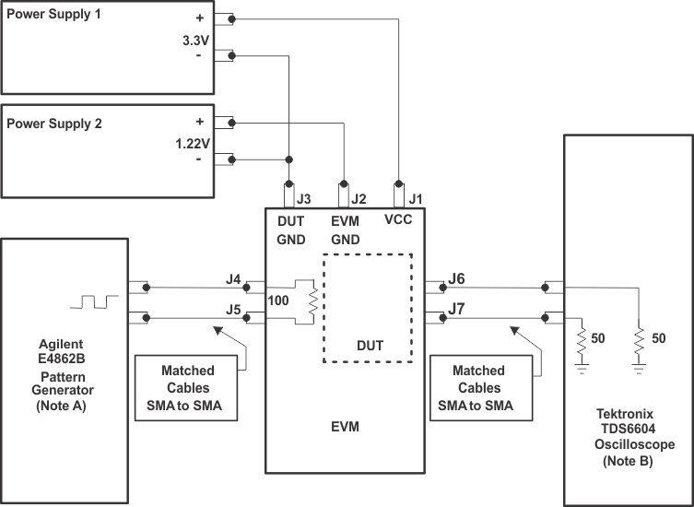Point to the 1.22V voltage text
pos(192,143)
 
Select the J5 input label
pos(234,310)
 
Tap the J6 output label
pos(457,277)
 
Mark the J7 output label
pos(457,311)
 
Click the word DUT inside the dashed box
pos(369,347)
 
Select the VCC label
pos(398,221)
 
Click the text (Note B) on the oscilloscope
pos(627,461)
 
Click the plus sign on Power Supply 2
pos(198,122)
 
